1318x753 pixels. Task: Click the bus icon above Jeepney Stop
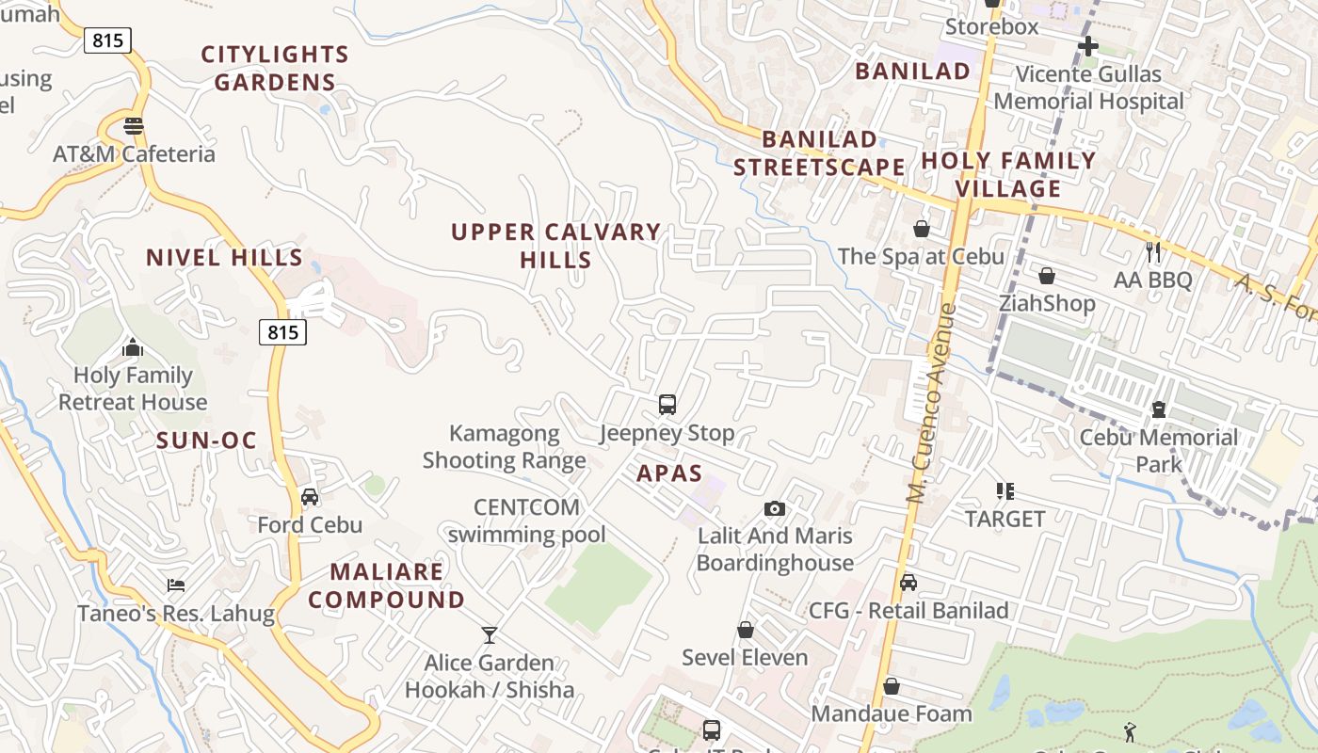click(x=667, y=405)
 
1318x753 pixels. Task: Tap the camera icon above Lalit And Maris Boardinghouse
click(x=775, y=509)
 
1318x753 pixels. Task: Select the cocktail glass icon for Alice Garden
click(x=490, y=635)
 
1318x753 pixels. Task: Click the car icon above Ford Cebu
click(x=310, y=497)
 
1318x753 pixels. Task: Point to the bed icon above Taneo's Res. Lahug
click(x=176, y=585)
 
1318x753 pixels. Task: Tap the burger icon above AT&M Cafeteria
click(x=134, y=126)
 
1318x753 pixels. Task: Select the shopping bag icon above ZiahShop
click(x=1047, y=276)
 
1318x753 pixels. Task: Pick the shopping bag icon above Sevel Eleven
click(x=746, y=630)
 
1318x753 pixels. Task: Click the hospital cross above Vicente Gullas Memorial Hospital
click(x=1088, y=45)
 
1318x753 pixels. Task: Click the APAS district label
click(x=669, y=473)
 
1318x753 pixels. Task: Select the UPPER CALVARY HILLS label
click(x=556, y=246)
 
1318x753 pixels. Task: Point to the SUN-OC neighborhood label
click(x=207, y=441)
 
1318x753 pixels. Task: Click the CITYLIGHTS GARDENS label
click(x=275, y=68)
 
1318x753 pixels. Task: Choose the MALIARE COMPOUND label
click(x=387, y=585)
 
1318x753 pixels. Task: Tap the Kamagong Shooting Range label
click(x=505, y=447)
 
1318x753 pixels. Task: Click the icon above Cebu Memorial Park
click(x=1159, y=410)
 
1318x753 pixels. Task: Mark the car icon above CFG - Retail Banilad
click(x=908, y=583)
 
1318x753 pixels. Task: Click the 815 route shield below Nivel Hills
click(x=282, y=331)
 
